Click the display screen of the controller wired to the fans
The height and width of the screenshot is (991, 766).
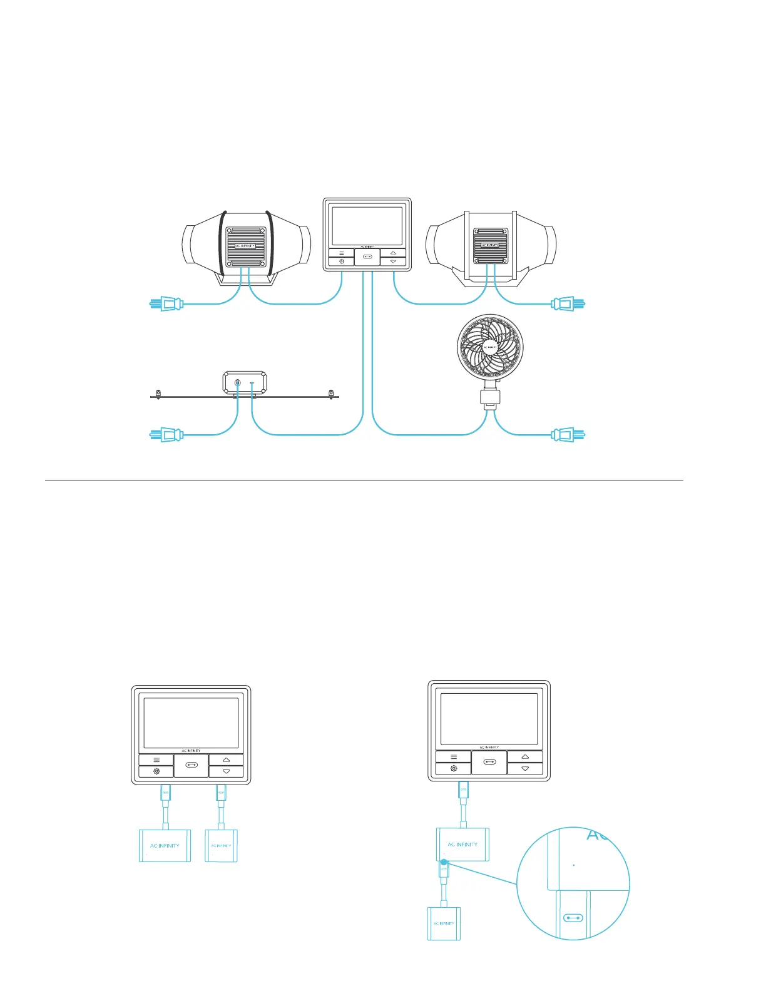(367, 226)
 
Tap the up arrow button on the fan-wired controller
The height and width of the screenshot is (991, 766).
(393, 253)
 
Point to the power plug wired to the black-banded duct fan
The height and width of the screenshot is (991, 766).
(166, 305)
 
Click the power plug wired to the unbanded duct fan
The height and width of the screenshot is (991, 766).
(568, 305)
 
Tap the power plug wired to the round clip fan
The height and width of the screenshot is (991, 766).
(568, 434)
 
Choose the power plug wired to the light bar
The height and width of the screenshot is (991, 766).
(166, 434)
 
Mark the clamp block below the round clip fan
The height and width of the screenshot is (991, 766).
(490, 397)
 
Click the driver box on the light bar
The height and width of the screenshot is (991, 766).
(245, 383)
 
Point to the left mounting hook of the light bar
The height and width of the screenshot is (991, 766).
(158, 394)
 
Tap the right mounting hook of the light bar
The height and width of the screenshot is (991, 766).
(331, 394)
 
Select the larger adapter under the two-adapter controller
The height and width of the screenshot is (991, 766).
(165, 846)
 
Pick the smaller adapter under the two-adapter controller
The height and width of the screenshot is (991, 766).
(222, 846)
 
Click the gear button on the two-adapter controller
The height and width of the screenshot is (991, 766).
(156, 771)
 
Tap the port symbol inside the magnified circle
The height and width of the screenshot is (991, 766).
(573, 918)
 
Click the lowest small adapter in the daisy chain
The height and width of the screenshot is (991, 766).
(444, 923)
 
